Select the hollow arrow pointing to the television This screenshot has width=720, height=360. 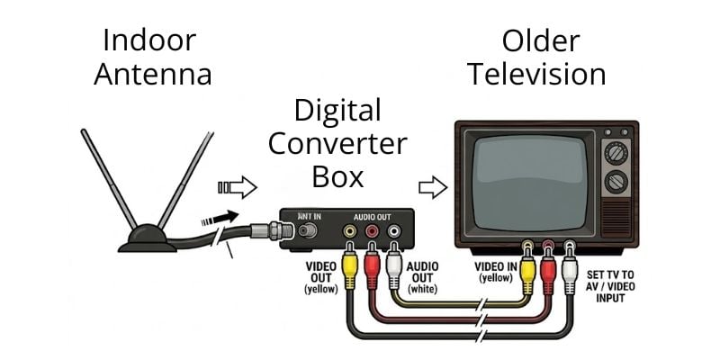[x=433, y=188]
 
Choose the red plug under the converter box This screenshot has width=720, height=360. [x=370, y=266]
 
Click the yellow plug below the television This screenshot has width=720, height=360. [x=526, y=269]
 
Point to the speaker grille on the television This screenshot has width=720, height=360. [x=616, y=217]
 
